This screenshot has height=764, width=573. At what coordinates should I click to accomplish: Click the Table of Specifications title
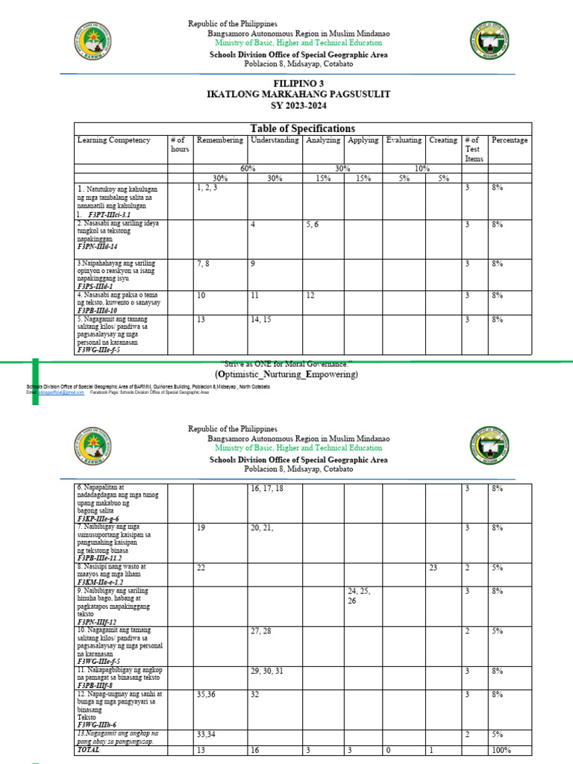click(302, 128)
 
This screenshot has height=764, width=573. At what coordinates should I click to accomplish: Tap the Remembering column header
click(219, 140)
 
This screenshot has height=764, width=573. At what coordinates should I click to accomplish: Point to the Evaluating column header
click(404, 140)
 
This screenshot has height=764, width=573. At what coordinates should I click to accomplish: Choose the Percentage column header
click(510, 140)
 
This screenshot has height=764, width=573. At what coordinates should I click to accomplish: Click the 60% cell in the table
click(248, 169)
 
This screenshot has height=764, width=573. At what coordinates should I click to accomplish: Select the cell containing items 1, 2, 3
click(207, 189)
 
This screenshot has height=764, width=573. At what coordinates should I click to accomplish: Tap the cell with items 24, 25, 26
click(358, 595)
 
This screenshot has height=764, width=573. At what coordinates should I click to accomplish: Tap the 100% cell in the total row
click(501, 750)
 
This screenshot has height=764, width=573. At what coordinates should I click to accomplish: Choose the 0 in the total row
click(387, 750)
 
